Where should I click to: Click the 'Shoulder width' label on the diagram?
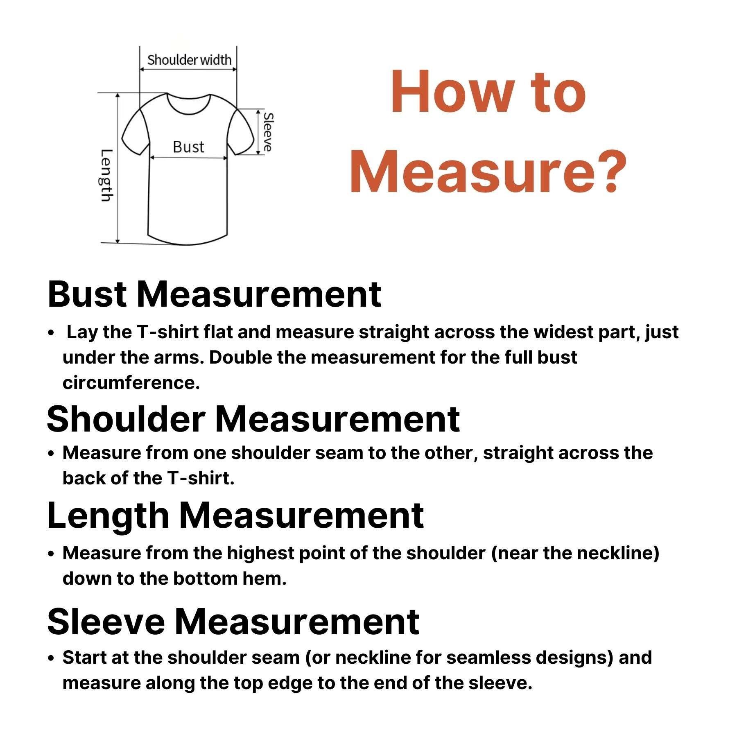(x=189, y=60)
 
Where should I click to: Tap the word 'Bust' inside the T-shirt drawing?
(x=188, y=147)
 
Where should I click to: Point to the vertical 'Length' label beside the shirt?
(x=106, y=175)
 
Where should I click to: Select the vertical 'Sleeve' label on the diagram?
(x=268, y=132)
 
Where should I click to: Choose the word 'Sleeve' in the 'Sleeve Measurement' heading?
(x=106, y=622)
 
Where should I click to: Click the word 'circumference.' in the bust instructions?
(x=131, y=383)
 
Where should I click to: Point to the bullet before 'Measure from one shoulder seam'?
(x=51, y=454)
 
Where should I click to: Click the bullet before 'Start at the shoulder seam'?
(x=51, y=658)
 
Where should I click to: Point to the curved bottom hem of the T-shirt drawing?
(x=188, y=243)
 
